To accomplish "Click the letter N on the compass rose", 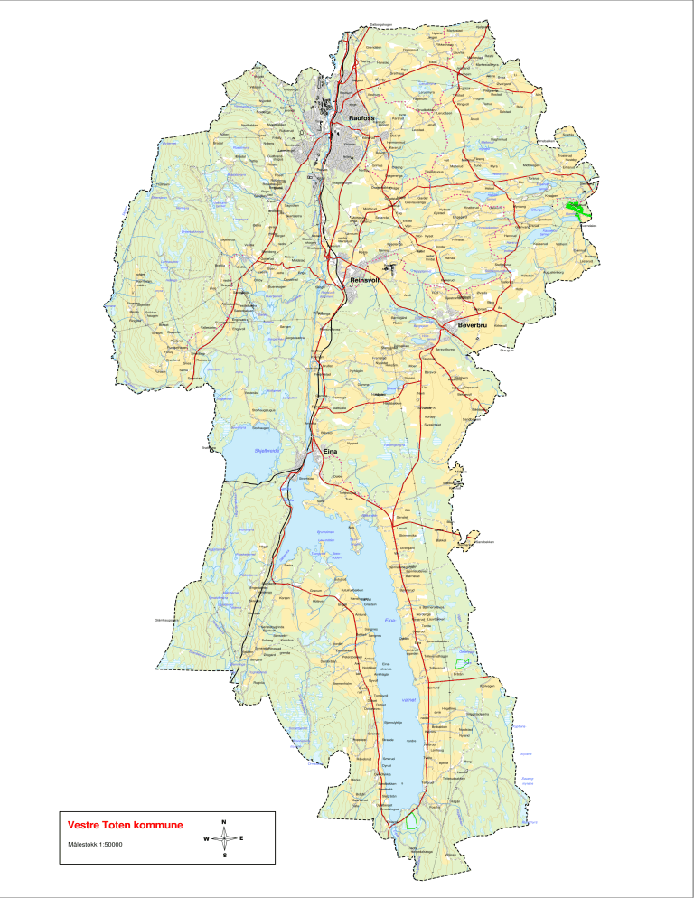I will [223, 821].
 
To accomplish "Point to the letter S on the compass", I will [223, 855].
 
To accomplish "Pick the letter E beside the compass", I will [241, 838].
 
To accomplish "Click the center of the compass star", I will [223, 838].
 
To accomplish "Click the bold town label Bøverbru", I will [472, 323].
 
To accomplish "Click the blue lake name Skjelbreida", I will [268, 450].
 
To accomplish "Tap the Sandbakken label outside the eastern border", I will [483, 542].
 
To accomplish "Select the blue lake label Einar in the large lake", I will [390, 620].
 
